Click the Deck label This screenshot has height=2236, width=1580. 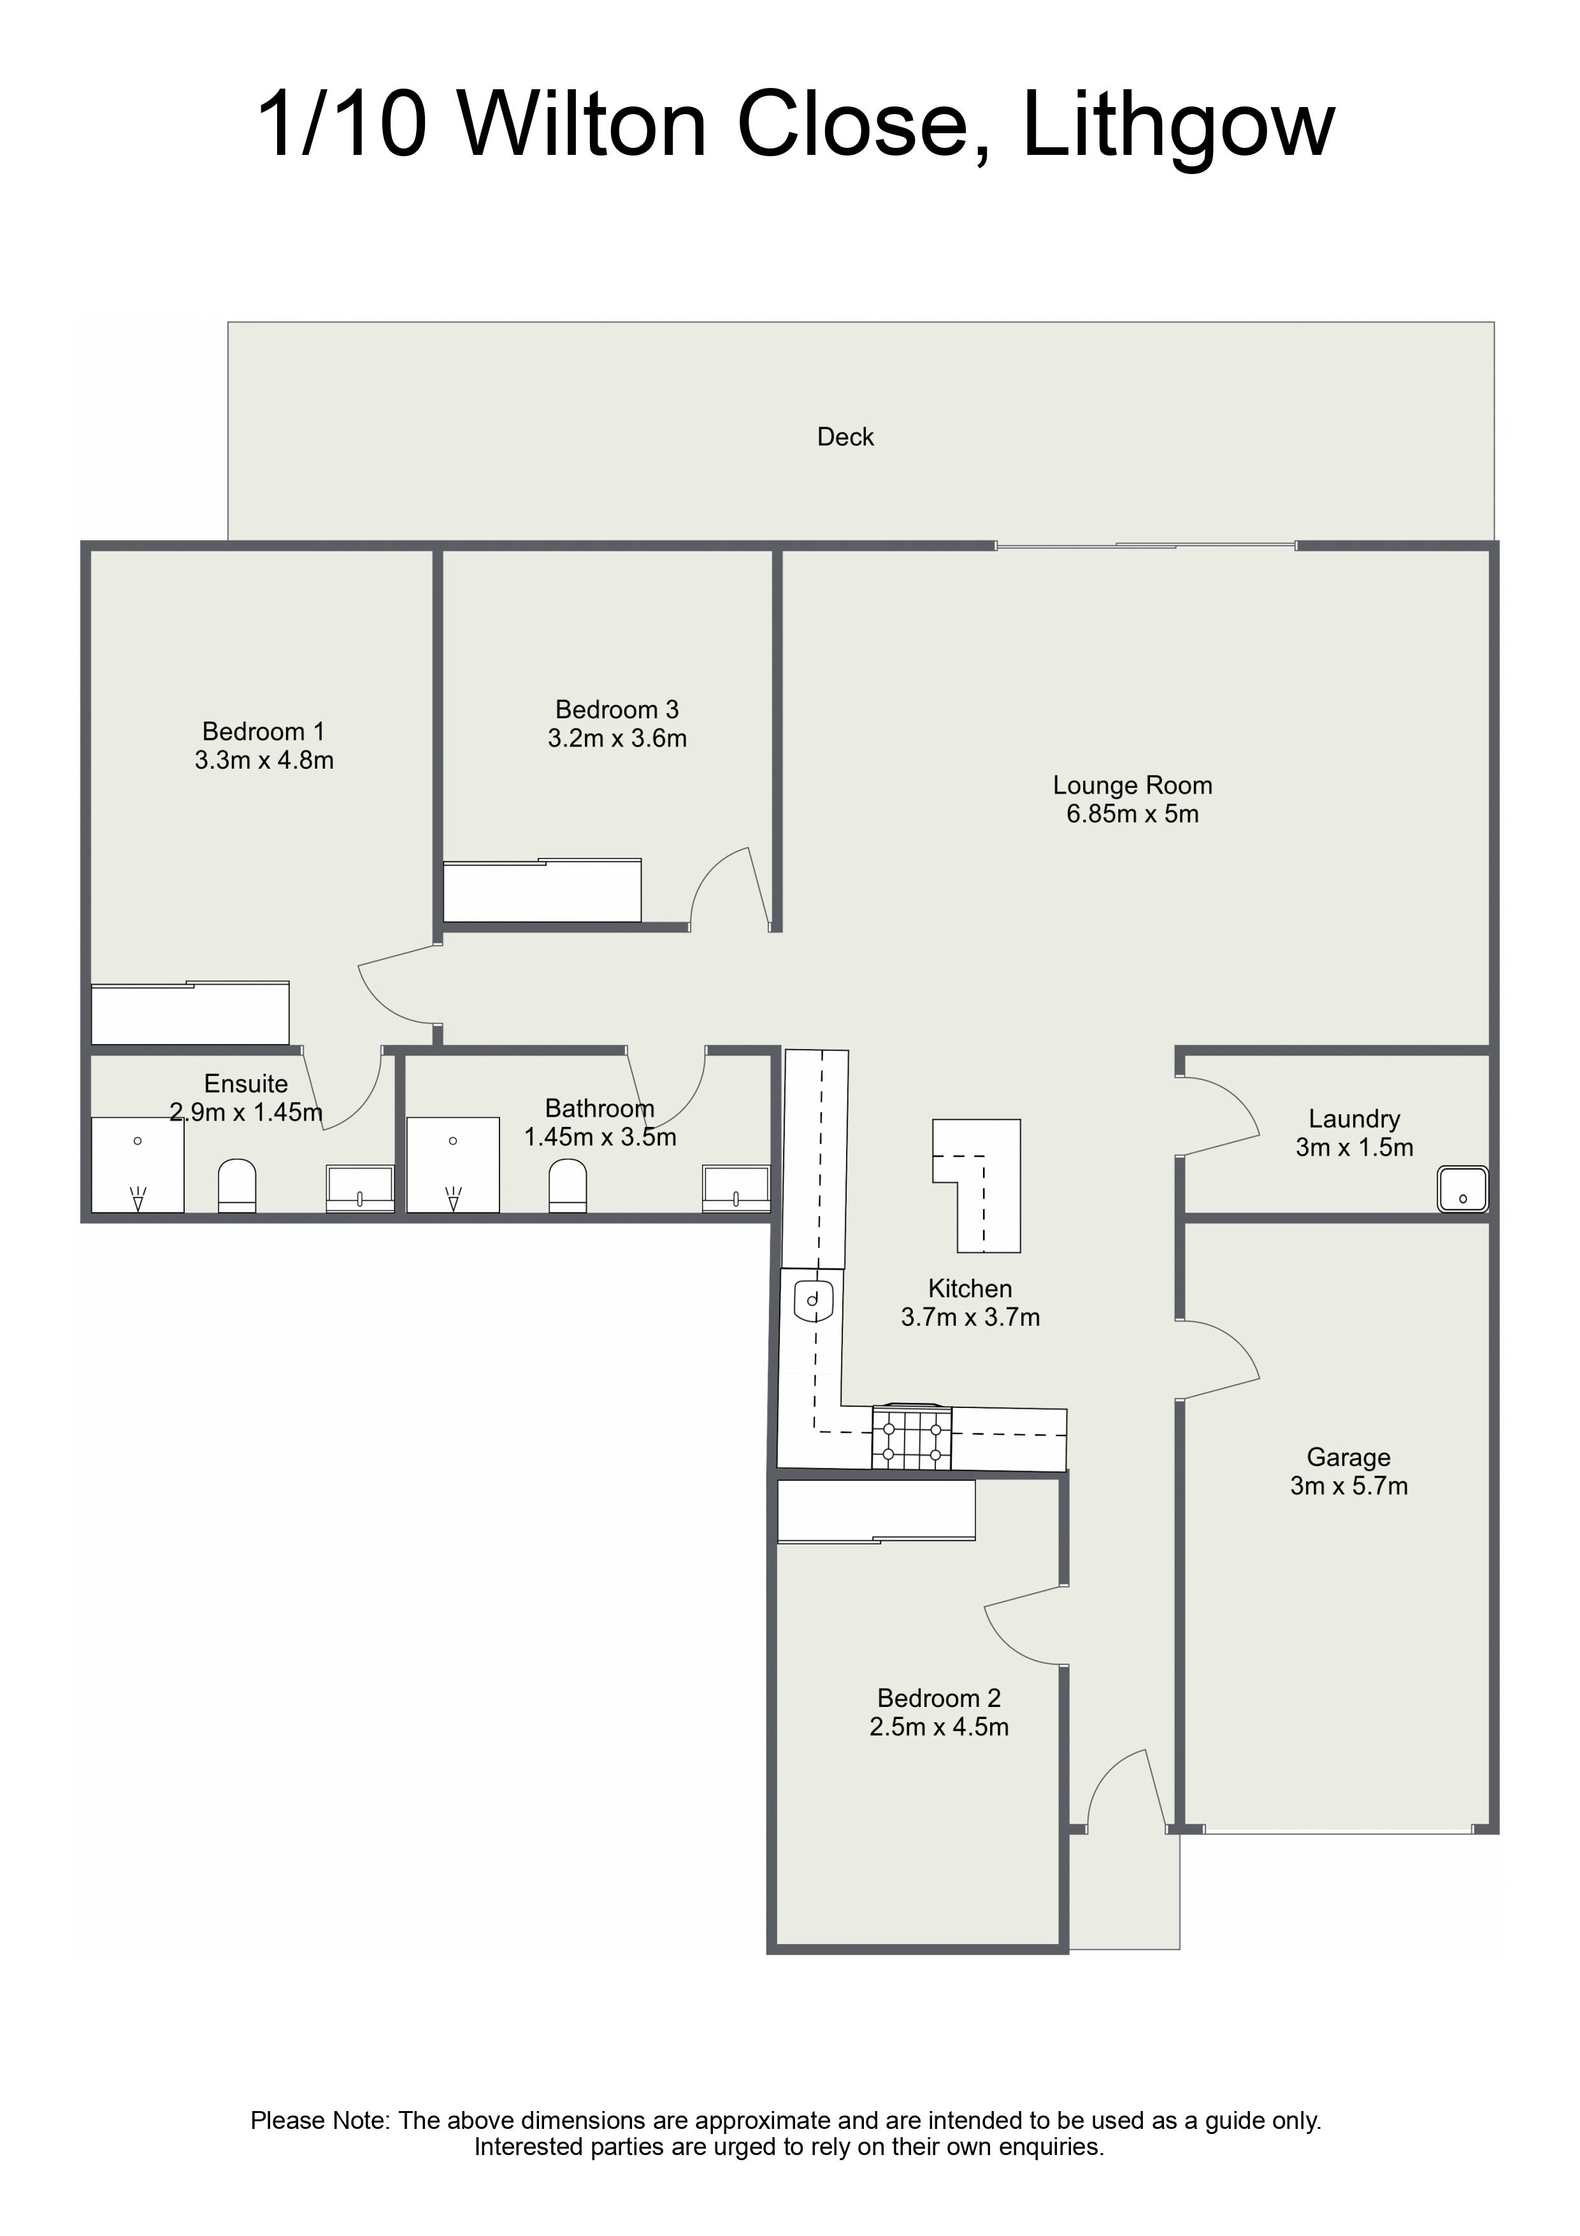845,437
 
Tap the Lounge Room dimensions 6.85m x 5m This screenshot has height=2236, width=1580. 1132,814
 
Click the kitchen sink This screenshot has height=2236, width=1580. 813,1298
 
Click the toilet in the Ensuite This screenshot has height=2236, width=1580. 236,1185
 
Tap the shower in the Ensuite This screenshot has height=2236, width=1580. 137,1165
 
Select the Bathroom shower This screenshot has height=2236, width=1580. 453,1165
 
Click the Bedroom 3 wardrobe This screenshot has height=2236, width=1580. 542,890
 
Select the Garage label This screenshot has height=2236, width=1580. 1348,1457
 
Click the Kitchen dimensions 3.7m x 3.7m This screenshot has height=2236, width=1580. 970,1318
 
